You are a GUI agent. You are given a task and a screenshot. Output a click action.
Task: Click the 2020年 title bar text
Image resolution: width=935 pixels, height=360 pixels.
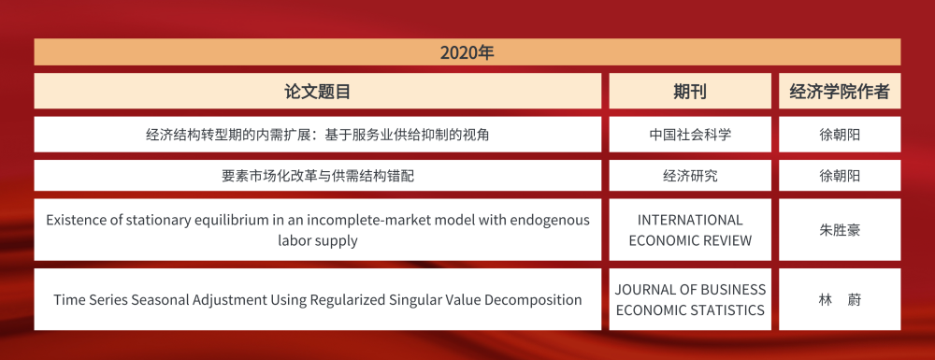[x=467, y=52]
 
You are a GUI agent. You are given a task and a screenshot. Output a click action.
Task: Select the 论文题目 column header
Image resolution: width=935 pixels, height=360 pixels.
[x=318, y=91]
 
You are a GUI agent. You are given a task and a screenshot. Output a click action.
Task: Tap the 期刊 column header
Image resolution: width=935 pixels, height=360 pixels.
[x=690, y=91]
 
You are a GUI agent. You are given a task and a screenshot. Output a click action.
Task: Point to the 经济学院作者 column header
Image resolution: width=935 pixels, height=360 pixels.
[x=840, y=91]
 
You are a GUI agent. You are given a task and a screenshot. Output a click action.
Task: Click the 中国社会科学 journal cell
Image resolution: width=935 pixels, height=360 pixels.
[x=690, y=135]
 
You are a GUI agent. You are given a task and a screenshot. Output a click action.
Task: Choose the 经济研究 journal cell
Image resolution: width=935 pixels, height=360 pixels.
[x=690, y=176]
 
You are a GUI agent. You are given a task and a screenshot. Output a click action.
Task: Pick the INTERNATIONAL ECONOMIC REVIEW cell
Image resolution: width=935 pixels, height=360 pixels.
[x=690, y=229]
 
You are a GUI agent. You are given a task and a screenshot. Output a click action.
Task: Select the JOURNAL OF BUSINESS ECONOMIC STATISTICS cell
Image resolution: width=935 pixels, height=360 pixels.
[x=690, y=299]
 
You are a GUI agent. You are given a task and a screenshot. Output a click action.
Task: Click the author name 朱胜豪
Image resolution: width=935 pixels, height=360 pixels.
[x=840, y=229]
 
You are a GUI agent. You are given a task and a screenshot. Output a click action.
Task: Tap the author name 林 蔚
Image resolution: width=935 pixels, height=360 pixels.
[x=840, y=299]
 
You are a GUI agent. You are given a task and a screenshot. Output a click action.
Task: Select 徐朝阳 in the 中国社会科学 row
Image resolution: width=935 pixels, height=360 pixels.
[x=840, y=135]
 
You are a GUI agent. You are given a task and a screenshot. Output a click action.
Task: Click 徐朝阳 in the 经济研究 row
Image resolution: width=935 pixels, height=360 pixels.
[x=840, y=176]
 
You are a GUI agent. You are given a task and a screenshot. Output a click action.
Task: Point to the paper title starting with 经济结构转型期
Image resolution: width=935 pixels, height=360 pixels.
[x=318, y=135]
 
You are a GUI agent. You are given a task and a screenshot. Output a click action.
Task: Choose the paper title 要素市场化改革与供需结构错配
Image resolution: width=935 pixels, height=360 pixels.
[x=318, y=176]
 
